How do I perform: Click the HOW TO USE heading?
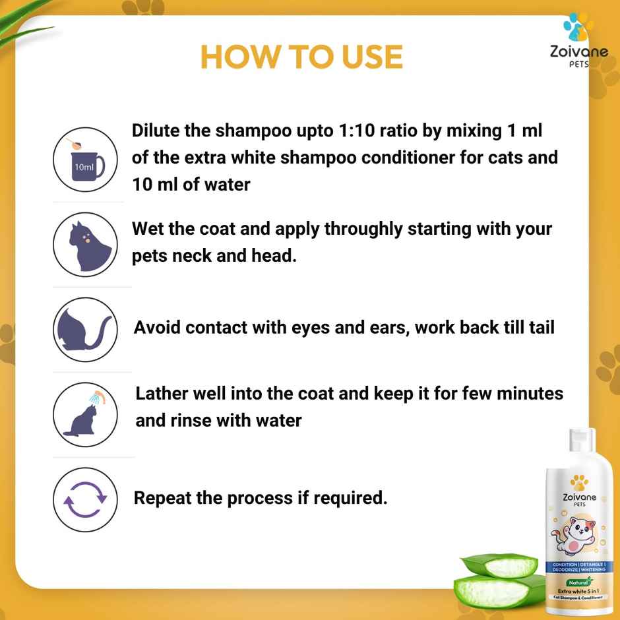[301, 57]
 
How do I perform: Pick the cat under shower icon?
[84, 415]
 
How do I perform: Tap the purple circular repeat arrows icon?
[84, 499]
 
